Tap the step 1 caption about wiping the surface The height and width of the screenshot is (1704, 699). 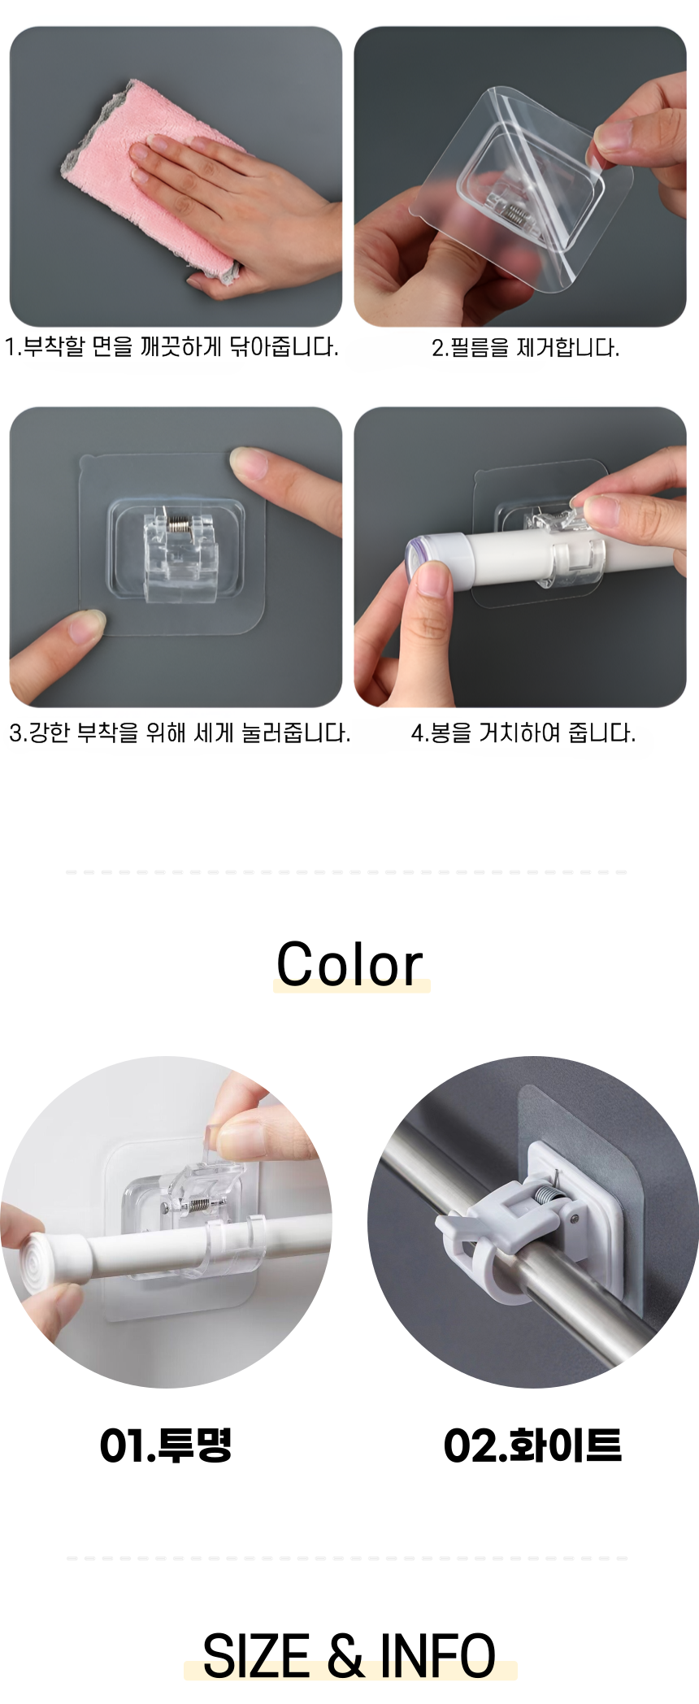(171, 347)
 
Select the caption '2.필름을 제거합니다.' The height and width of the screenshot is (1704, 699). (525, 348)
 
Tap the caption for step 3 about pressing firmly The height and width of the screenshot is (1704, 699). (180, 732)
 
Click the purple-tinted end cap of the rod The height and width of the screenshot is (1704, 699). (416, 557)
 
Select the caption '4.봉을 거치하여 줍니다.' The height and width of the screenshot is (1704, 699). (523, 732)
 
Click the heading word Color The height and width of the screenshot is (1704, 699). (349, 964)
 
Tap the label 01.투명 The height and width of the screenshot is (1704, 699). (166, 1445)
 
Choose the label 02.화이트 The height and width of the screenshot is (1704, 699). (532, 1445)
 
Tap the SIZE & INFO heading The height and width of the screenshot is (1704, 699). (349, 1656)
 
